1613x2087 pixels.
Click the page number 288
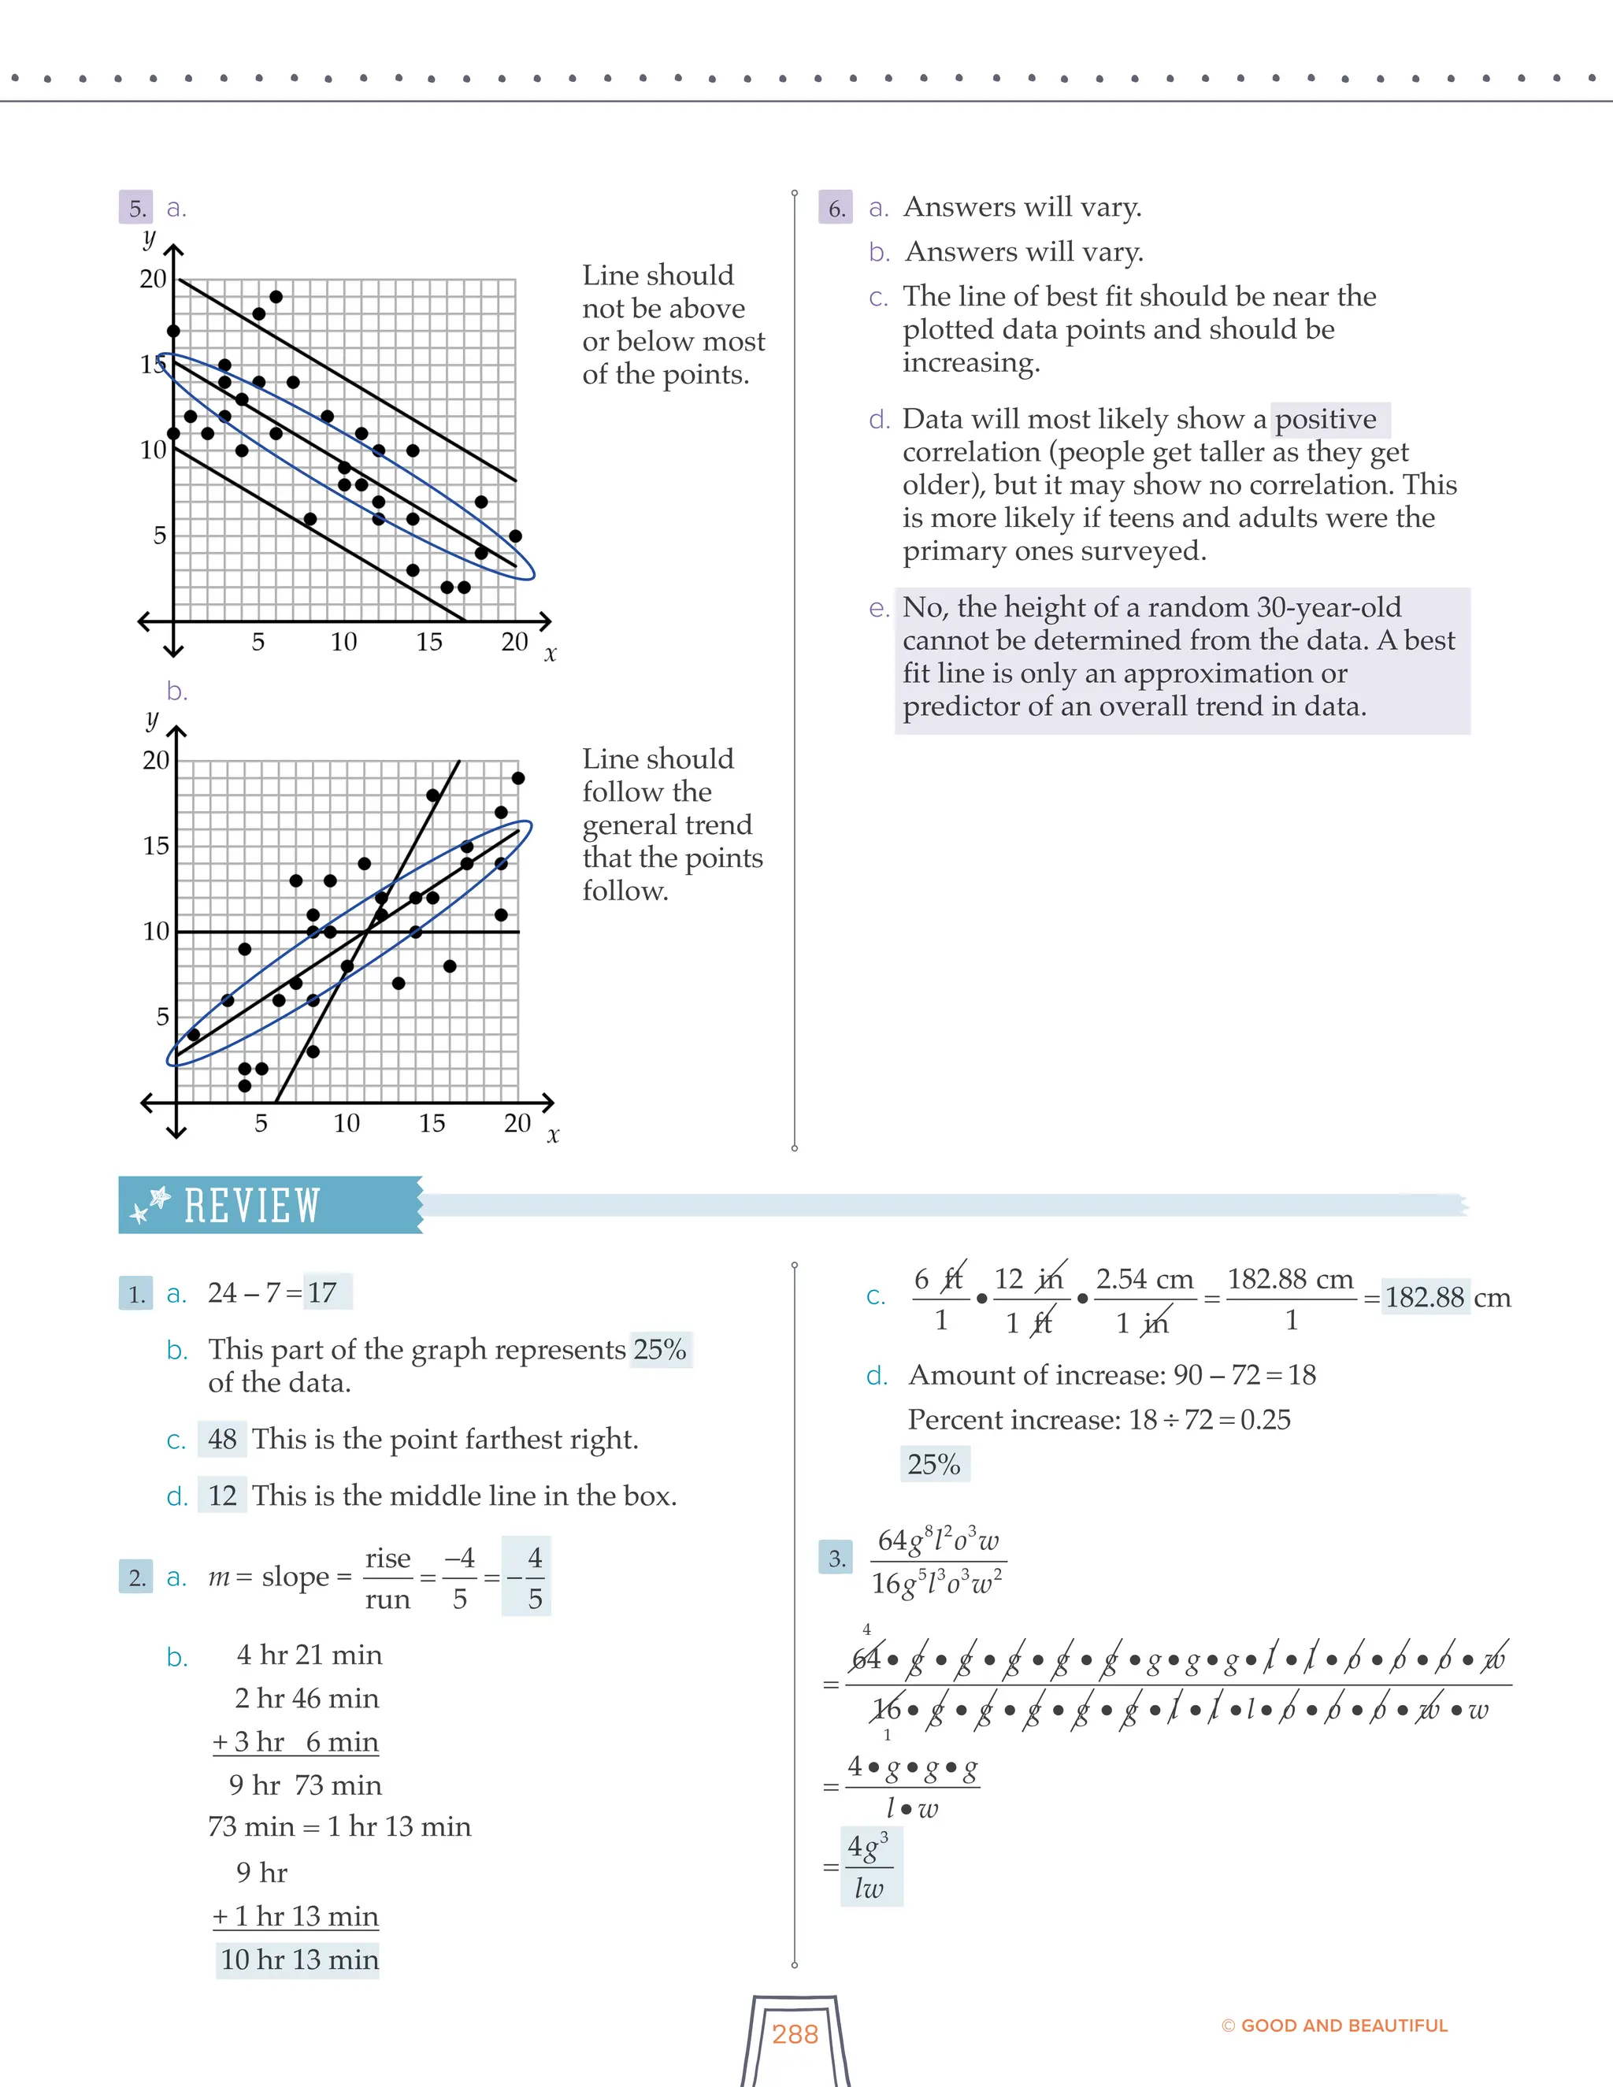(795, 2034)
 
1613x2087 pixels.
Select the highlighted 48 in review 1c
(221, 1438)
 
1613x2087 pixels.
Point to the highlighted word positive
(1326, 418)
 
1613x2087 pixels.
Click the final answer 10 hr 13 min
(299, 1959)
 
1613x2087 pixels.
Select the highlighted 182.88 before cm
(1424, 1297)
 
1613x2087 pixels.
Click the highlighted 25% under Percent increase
(933, 1464)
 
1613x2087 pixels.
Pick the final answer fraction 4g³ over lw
(870, 1866)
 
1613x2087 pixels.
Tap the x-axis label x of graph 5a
(551, 655)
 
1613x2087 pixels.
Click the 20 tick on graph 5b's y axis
(156, 761)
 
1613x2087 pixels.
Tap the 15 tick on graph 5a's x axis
(429, 642)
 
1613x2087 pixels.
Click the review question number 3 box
(836, 1559)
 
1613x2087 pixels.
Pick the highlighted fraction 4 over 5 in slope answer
(534, 1577)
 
